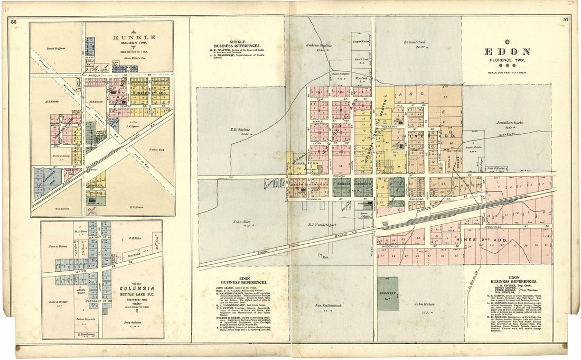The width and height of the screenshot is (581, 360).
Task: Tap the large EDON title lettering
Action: (507, 52)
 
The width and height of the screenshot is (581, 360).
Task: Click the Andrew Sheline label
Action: (319, 45)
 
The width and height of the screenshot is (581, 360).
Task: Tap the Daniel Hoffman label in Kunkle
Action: (55, 49)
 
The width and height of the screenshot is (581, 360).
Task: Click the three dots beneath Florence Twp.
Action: (507, 65)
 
